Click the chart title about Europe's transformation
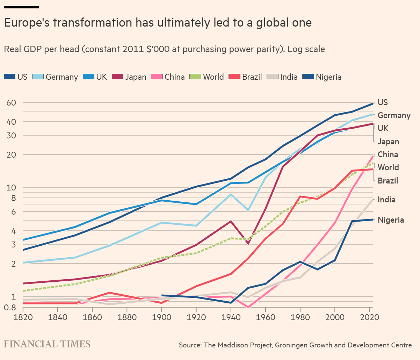[158, 23]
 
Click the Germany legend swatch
[38, 77]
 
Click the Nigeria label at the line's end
[391, 220]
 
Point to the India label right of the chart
[386, 200]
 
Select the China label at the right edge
[388, 154]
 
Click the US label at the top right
[383, 102]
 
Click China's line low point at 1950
[248, 307]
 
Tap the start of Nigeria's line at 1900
[162, 295]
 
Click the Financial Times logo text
[47, 344]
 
